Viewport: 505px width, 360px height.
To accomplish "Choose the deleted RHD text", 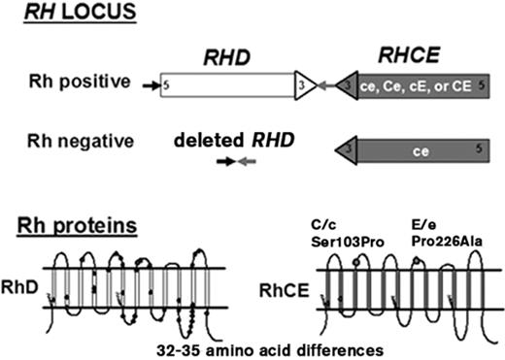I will (231, 141).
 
